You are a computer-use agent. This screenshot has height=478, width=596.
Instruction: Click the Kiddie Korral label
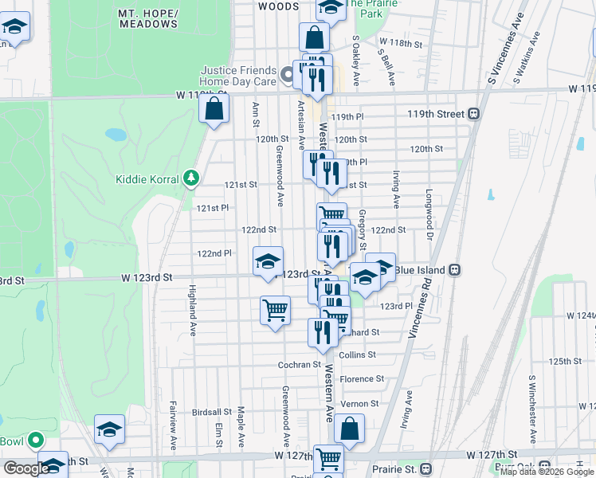coord(147,179)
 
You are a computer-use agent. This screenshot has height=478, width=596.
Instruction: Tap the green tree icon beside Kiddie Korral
coord(190,177)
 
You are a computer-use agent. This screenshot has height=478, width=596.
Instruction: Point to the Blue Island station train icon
coord(454,269)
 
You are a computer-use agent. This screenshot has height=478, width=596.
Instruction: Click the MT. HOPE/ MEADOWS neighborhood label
coord(148,19)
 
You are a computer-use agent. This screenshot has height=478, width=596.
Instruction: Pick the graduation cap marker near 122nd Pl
coord(268,260)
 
